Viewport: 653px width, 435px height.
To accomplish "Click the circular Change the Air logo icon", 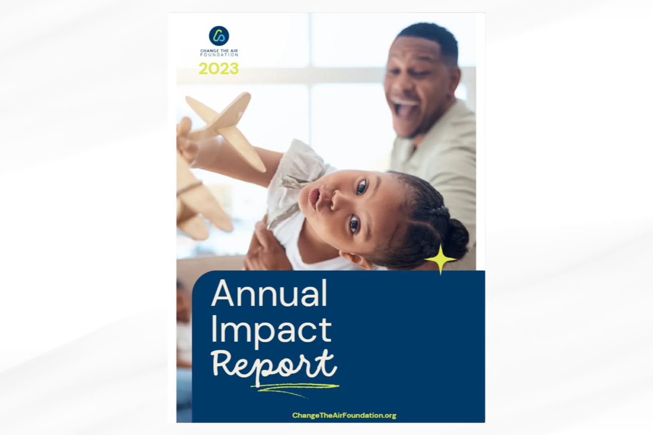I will coord(219,36).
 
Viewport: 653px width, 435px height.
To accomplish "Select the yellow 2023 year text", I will coord(218,68).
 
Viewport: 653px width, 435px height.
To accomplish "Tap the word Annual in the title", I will coord(269,294).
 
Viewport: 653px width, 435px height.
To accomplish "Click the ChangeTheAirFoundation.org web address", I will coord(344,415).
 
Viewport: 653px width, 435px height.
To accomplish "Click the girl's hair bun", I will coord(455,238).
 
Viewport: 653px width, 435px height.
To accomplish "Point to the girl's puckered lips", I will coord(315,198).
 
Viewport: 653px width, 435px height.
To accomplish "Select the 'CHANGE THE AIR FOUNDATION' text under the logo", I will coord(219,53).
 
